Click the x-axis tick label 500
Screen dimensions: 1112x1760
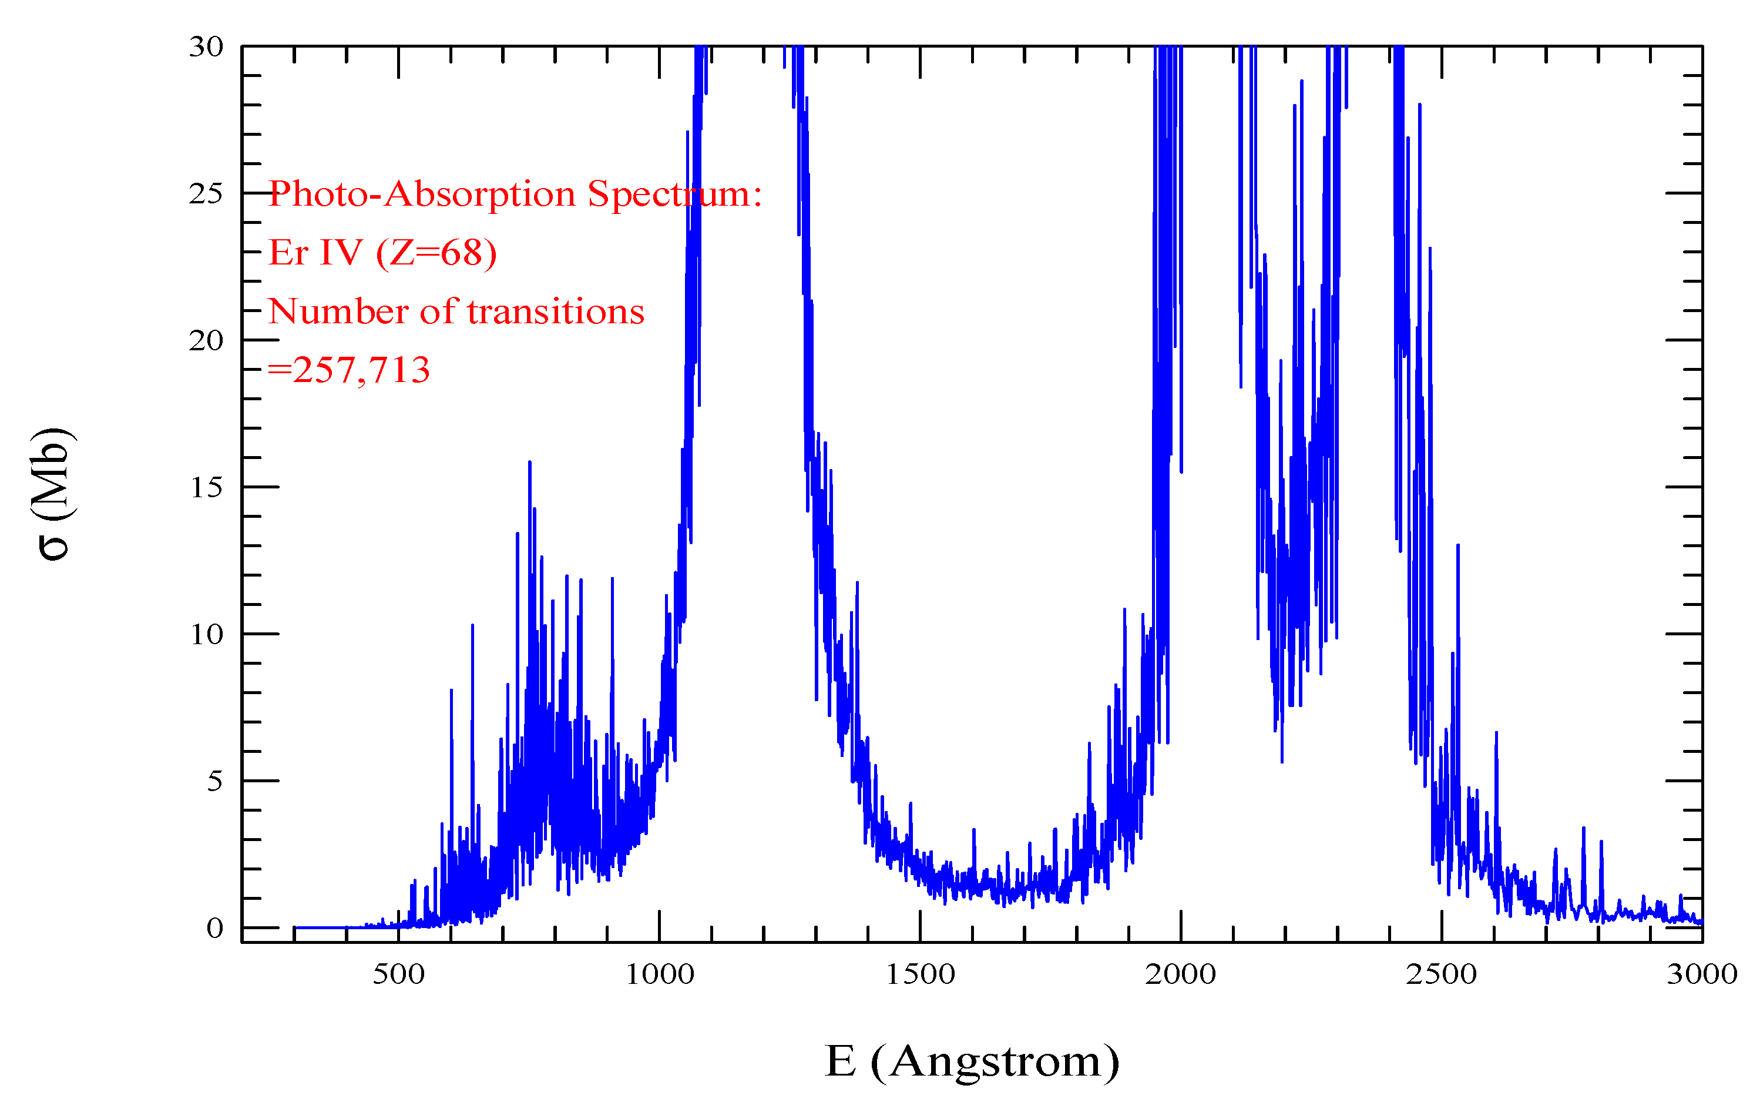[398, 974]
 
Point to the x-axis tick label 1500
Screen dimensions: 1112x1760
[920, 974]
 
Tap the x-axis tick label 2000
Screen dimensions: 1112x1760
[1180, 974]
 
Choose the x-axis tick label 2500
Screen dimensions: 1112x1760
[1442, 974]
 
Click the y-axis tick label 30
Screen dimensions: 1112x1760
[206, 47]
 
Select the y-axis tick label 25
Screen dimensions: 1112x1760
[206, 194]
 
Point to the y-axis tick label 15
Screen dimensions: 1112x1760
[206, 488]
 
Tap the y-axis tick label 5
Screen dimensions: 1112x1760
[214, 782]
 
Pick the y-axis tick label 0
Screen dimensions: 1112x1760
[214, 929]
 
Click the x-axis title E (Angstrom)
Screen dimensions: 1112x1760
[972, 1061]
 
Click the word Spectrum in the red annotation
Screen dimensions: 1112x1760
[674, 195]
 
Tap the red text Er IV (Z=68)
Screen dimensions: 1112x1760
[383, 253]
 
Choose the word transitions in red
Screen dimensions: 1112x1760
[556, 312]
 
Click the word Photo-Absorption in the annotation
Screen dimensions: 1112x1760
[422, 195]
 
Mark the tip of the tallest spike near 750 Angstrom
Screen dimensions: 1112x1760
[529, 462]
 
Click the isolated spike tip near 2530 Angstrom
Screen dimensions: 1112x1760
[1457, 545]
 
